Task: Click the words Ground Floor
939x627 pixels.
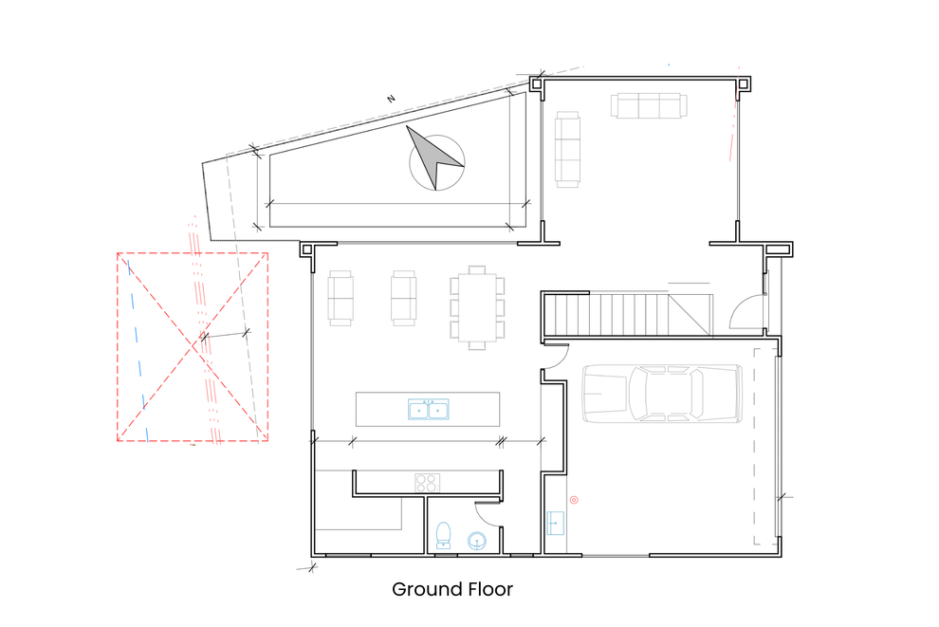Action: point(452,589)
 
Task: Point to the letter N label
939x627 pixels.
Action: point(391,99)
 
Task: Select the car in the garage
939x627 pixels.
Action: point(662,394)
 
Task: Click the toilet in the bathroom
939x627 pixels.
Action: point(443,535)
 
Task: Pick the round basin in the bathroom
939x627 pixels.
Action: point(477,541)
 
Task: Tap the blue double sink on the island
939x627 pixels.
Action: point(428,409)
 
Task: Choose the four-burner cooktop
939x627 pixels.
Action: point(427,483)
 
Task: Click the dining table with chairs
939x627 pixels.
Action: point(477,307)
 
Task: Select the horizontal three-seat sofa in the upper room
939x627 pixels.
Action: point(649,106)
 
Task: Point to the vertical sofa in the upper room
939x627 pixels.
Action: point(567,149)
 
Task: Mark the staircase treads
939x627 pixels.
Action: point(628,314)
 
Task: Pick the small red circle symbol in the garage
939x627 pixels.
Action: point(574,500)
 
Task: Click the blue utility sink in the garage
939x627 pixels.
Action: point(555,523)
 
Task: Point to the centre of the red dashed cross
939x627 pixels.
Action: point(193,347)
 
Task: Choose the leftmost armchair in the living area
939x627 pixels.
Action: point(341,298)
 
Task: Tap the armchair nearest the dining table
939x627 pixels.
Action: point(403,298)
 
